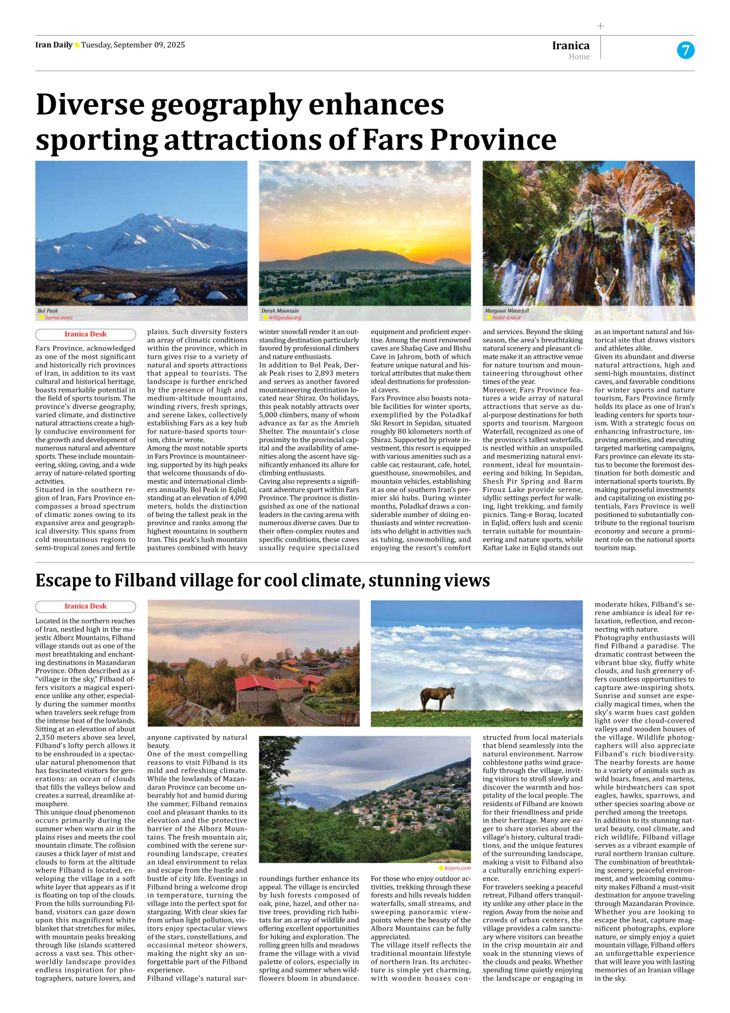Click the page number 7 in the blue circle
click(x=685, y=50)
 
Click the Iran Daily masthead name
click(x=54, y=45)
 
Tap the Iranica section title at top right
click(x=571, y=45)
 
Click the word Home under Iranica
click(x=579, y=57)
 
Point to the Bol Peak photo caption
click(x=48, y=311)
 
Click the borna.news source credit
click(x=58, y=317)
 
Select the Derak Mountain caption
click(x=280, y=311)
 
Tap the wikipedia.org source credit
click(x=284, y=317)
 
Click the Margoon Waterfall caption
click(x=506, y=311)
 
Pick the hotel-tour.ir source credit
click(x=506, y=317)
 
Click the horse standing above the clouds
click(x=437, y=698)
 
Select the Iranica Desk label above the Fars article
click(x=85, y=334)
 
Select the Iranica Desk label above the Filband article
click(x=85, y=606)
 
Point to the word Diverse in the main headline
click(x=90, y=105)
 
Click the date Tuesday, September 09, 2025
click(x=133, y=45)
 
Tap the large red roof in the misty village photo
click(x=255, y=682)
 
